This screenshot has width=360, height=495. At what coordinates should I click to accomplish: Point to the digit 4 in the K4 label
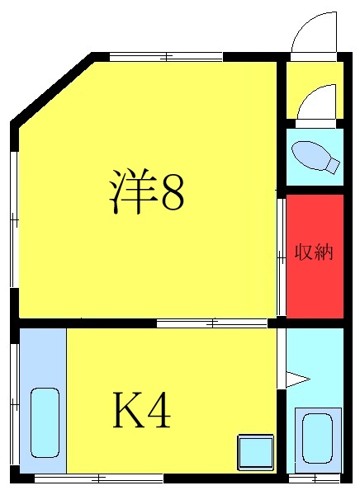[x=159, y=410]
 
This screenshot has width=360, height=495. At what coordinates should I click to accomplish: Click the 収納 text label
[x=314, y=252]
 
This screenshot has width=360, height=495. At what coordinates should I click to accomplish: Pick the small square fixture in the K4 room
[x=254, y=452]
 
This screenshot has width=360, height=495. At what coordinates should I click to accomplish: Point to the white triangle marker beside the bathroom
[x=297, y=380]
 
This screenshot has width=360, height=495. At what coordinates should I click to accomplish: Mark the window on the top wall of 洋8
[x=166, y=57]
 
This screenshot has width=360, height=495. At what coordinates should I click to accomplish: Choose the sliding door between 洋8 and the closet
[x=281, y=256]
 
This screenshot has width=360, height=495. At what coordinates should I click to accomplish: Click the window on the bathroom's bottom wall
[x=315, y=478]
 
